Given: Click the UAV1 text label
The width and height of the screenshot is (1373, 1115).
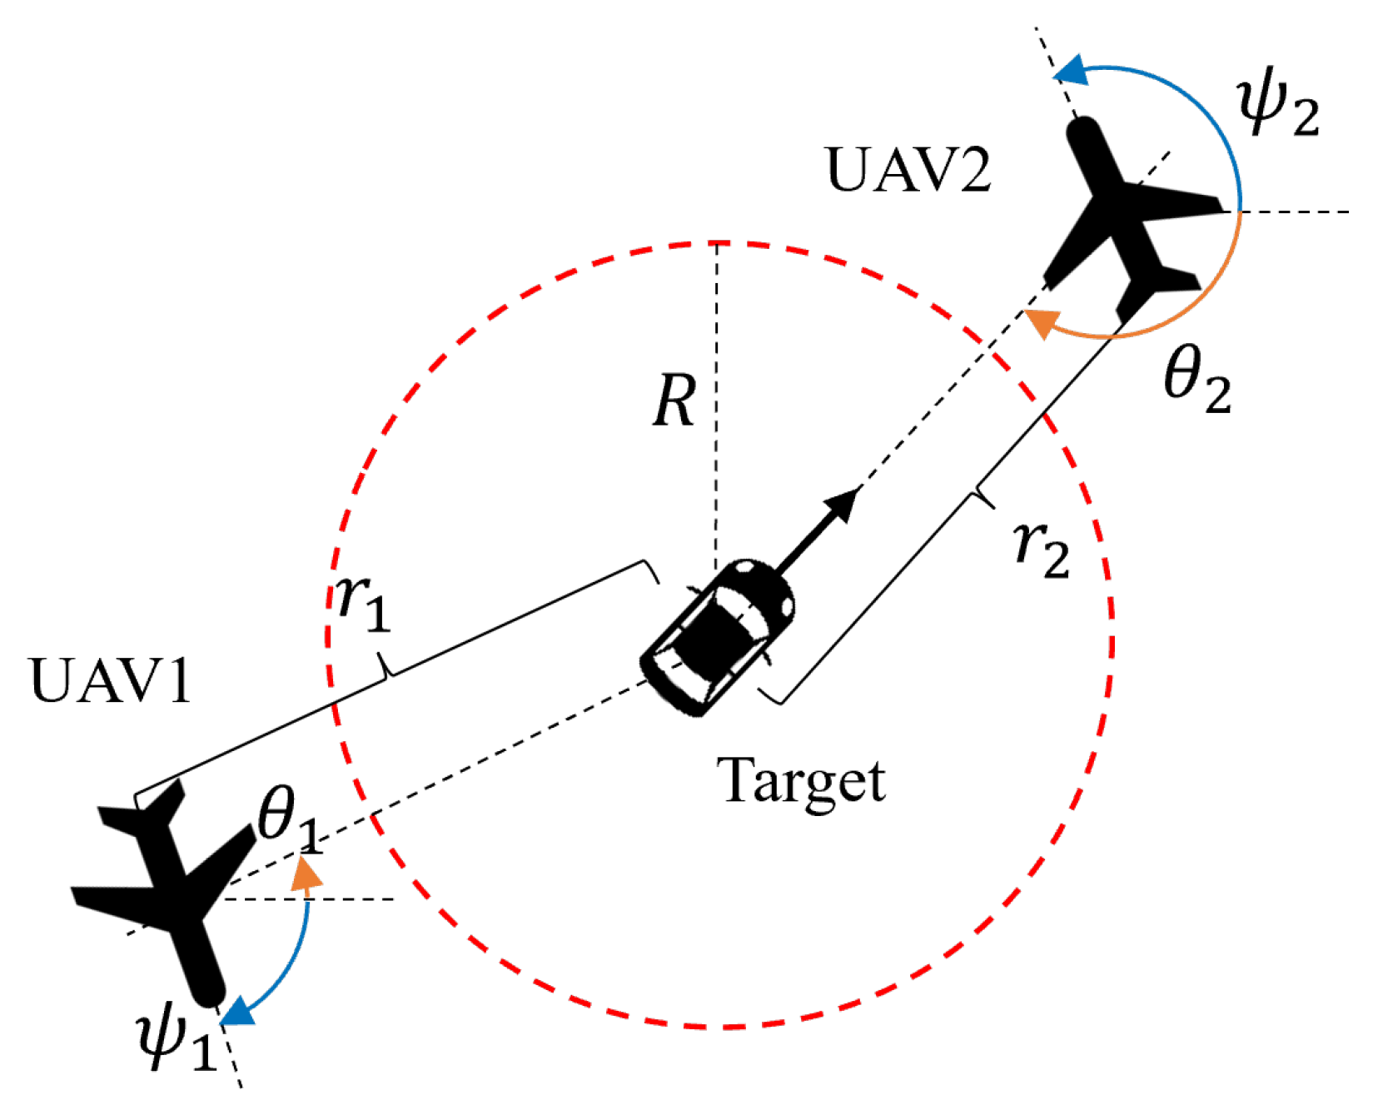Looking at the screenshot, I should [x=111, y=681].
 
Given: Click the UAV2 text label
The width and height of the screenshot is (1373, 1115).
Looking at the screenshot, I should [x=908, y=171].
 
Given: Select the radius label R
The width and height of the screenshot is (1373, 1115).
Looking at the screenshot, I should [x=674, y=401].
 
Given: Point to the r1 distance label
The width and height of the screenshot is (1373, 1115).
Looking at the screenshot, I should [x=363, y=603].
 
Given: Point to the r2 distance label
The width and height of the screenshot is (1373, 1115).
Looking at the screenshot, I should [x=1042, y=550].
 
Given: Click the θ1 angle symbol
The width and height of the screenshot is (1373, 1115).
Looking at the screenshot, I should [x=287, y=820].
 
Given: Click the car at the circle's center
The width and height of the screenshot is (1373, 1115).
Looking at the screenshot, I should [x=718, y=637].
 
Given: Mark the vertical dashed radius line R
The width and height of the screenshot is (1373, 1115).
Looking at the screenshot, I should [x=715, y=400].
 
